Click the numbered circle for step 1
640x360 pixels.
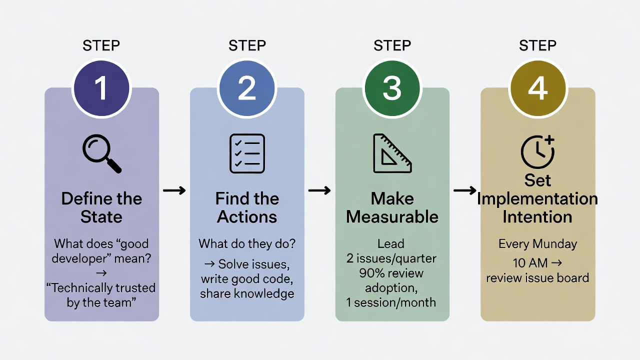[x=101, y=88]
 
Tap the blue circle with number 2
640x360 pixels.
[x=247, y=88]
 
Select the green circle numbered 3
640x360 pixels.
[x=392, y=88]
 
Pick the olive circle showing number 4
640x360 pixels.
[x=537, y=88]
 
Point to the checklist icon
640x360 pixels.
[x=247, y=153]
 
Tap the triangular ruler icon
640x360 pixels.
[x=392, y=153]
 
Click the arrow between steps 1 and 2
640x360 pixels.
[x=174, y=190]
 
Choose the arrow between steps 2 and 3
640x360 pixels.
[x=319, y=190]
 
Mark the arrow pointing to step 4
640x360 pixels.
[x=464, y=190]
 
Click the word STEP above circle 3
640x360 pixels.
[x=392, y=46]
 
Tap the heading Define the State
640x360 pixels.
[x=101, y=207]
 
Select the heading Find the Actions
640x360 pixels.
[x=247, y=207]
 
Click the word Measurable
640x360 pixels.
[x=392, y=217]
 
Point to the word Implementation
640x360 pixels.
[x=537, y=198]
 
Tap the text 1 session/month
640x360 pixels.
[x=391, y=302]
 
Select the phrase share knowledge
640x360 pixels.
[x=247, y=294]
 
